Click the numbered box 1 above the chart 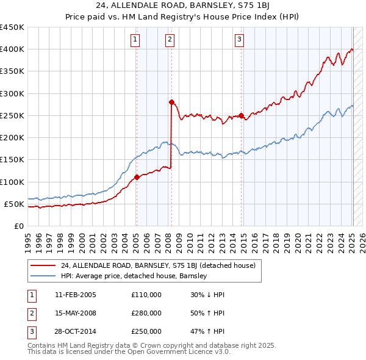(134, 40)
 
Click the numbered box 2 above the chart (170, 40)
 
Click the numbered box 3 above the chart (240, 40)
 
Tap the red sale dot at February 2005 (137, 177)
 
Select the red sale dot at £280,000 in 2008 (171, 102)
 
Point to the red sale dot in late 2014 (242, 115)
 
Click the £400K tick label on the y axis (12, 49)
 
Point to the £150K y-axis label (12, 160)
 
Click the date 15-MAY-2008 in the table (76, 313)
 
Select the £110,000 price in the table (146, 295)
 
